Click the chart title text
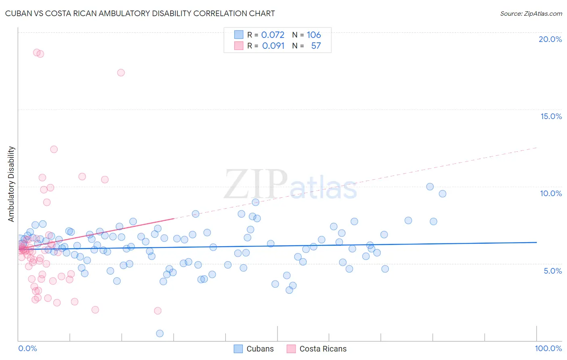click(140, 13)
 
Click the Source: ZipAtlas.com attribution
click(531, 13)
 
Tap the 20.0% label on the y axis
click(550, 39)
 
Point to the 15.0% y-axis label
click(551, 116)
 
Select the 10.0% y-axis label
click(551, 193)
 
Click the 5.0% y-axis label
click(552, 271)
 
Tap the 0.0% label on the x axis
click(27, 348)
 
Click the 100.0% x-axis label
click(548, 348)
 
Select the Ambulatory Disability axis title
click(11, 184)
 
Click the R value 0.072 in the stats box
click(273, 35)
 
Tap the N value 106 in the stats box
click(314, 35)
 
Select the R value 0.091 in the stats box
click(273, 46)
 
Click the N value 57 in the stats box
click(316, 46)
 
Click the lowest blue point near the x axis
click(160, 333)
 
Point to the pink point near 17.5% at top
click(121, 73)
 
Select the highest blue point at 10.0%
click(430, 186)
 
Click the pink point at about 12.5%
click(54, 149)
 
